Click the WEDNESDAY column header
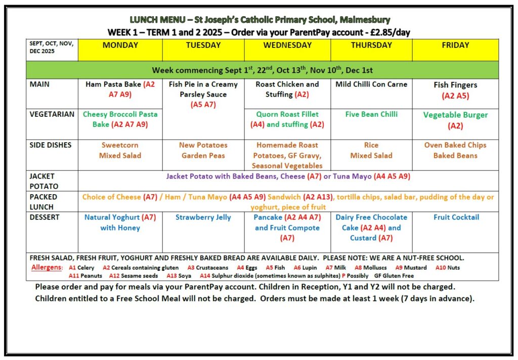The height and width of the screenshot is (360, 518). pos(287,46)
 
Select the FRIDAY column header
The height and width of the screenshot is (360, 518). pos(455,46)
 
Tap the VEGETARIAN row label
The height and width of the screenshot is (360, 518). pos(52,114)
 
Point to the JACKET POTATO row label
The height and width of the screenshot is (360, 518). pos(43,181)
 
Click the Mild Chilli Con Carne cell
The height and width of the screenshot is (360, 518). pos(371,84)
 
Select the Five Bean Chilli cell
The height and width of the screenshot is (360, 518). pos(371,114)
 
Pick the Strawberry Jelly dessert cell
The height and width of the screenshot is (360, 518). pos(203,217)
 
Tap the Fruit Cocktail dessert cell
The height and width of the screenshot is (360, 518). pos(455,217)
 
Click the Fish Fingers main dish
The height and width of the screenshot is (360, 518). pos(455,85)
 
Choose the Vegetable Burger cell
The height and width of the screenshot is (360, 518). pos(455,115)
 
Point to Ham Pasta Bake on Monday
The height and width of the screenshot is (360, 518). pos(113,84)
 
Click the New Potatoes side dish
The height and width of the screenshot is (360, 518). pos(203,145)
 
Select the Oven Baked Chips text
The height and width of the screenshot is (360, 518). pos(455,145)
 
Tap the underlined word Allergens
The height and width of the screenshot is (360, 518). pos(47,267)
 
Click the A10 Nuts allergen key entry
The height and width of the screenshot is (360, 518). pos(447,267)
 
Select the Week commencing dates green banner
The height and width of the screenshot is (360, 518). pos(262,70)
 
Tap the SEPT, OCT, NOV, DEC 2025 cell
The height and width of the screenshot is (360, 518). pos(51,47)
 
